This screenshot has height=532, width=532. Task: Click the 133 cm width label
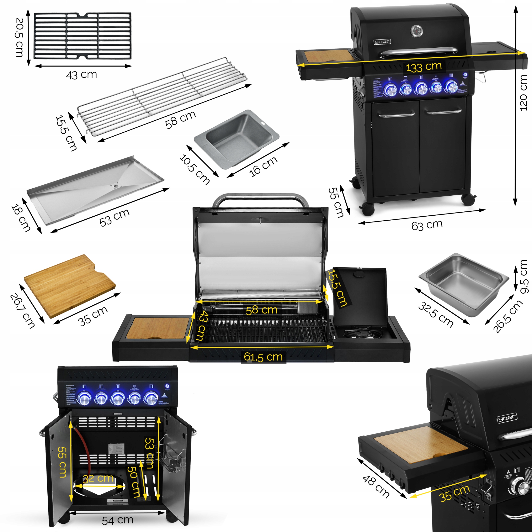pyautogui.click(x=424, y=67)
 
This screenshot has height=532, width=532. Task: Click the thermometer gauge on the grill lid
pyautogui.click(x=417, y=31)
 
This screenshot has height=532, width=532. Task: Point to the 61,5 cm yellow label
pyautogui.click(x=263, y=357)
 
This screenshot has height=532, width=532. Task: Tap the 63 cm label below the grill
pyautogui.click(x=427, y=225)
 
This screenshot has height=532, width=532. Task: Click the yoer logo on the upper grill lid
pyautogui.click(x=382, y=42)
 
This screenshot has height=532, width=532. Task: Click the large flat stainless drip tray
pyautogui.click(x=95, y=187)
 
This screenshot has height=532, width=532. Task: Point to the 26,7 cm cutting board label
pyautogui.click(x=23, y=311)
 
